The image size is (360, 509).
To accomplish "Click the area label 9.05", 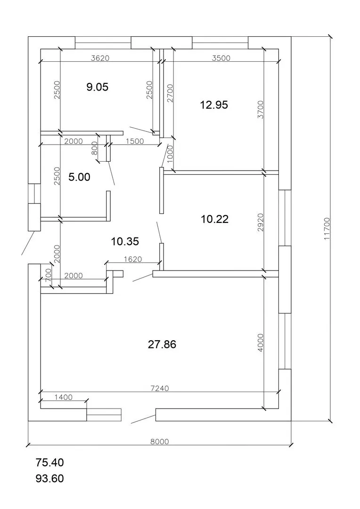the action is point(98,87).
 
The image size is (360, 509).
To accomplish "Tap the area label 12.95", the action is point(214,105).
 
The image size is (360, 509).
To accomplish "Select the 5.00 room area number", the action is point(79,177).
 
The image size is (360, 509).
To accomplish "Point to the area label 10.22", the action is point(214,219).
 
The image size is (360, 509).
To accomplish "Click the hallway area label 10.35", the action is point(125,241).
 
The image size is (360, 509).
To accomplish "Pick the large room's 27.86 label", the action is point(162,344).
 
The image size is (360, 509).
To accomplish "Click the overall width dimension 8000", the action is point(160,442).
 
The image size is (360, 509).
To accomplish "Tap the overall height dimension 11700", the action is point(327,229).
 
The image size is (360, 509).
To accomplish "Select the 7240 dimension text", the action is point(160,388).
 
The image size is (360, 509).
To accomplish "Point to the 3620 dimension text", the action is point(100,58).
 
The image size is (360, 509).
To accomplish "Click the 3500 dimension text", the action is point(221,58).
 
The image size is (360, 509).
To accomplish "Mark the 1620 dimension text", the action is point(133,259).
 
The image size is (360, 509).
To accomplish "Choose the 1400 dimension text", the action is point(64,397).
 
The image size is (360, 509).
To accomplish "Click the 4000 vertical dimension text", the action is point(261,343).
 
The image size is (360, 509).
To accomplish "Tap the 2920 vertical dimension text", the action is point(261,222).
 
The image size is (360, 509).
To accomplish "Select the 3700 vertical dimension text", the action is point(261,109).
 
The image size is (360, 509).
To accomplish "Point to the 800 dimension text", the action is point(95,148).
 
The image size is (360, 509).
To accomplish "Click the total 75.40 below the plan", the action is point(49,463).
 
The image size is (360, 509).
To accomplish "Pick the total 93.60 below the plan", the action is point(49,478).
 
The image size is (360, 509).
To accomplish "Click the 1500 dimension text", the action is point(134,141).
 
